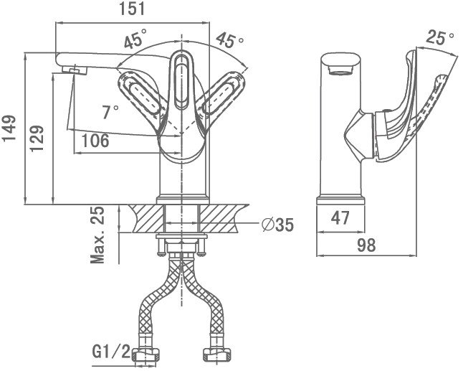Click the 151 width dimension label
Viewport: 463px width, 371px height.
coord(132,9)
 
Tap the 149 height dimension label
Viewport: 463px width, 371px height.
coord(9,128)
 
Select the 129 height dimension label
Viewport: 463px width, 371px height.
coord(37,138)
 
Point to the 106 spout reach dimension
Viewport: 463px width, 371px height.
coord(95,141)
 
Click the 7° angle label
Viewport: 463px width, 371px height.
coord(110,112)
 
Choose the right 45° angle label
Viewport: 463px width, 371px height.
coord(230,40)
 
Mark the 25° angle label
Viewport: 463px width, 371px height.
coord(439,37)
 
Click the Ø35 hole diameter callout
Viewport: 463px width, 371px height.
coord(277,225)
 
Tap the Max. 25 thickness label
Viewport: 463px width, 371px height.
coord(97,235)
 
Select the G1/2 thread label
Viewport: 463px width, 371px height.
coord(111,352)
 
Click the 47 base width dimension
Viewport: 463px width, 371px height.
coord(340,218)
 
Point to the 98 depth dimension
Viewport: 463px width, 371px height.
coord(366,245)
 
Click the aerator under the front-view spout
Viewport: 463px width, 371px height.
coord(75,70)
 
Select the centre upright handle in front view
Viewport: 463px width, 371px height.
coord(181,81)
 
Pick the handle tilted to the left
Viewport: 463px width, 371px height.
coord(141,93)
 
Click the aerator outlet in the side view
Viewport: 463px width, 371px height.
coord(340,70)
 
